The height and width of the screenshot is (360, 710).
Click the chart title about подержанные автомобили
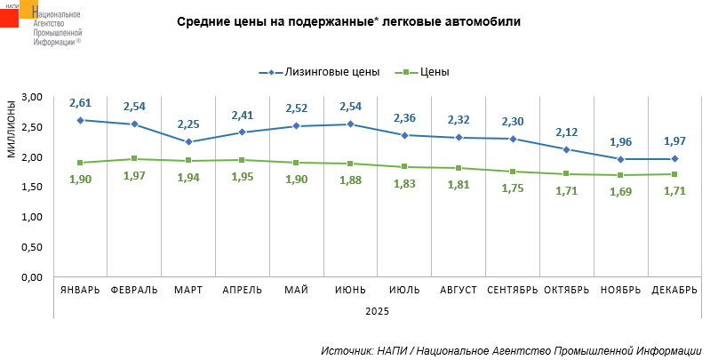[348, 22]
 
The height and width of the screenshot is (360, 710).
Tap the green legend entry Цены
[435, 72]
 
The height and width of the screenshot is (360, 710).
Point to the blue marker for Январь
[80, 120]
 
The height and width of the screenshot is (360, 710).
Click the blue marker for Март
[188, 141]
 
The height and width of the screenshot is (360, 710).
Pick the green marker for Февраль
[134, 159]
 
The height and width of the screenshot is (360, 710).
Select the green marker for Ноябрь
[621, 175]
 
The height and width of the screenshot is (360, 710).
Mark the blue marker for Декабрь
[675, 159]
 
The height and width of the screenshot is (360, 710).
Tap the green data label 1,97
[134, 176]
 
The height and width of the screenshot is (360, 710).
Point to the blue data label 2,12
[567, 132]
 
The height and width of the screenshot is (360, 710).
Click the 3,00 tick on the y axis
[33, 97]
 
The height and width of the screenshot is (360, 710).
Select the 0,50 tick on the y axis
[33, 247]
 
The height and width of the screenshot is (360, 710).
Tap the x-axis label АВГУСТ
[459, 291]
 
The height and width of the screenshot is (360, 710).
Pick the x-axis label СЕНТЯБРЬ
[513, 291]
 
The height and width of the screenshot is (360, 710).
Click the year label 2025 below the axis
[378, 311]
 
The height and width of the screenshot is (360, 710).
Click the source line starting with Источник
[511, 351]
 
